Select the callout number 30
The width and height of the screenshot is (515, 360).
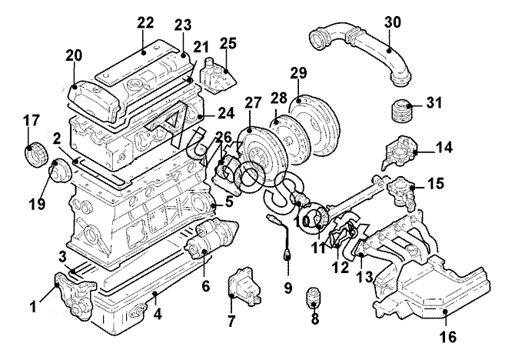click(393, 24)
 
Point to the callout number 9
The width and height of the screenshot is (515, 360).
click(287, 288)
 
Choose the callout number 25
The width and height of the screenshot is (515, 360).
click(228, 42)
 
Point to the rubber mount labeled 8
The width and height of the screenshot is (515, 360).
click(314, 298)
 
